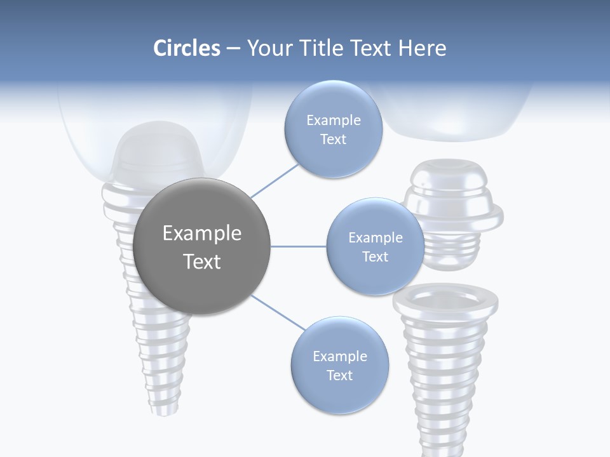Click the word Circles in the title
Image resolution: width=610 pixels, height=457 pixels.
tap(186, 48)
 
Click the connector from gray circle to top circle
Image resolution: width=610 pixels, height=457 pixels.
tap(274, 180)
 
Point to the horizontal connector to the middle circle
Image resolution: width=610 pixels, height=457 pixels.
tap(299, 246)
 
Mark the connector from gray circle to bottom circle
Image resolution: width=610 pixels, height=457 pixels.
tap(278, 313)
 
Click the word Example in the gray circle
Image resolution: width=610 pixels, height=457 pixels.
tap(202, 234)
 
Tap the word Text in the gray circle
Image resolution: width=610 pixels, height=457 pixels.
tap(202, 262)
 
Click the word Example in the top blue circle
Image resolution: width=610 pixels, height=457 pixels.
tap(333, 120)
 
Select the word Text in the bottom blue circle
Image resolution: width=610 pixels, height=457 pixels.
tap(339, 375)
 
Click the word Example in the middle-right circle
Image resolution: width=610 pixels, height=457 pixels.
tap(375, 237)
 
